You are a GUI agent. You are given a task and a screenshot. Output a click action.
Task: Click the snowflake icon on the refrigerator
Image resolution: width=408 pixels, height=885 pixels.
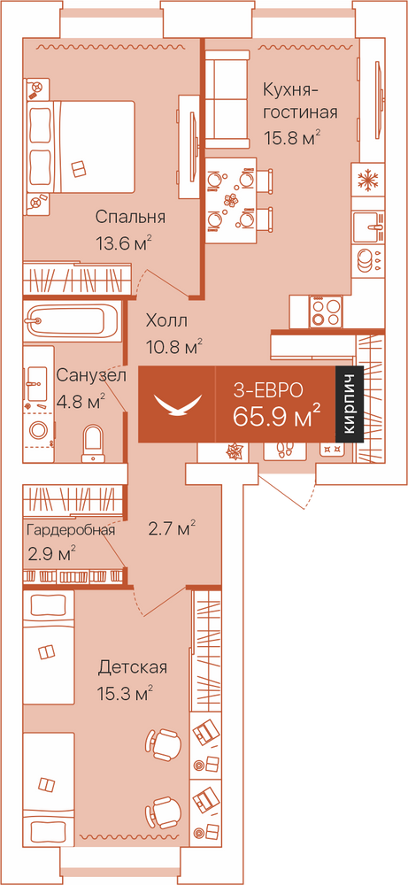(x=367, y=181)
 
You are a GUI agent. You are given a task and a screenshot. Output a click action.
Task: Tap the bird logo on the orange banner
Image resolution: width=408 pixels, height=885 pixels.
(x=178, y=404)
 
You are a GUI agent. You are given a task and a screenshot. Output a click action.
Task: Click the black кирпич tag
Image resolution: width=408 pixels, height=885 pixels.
(x=349, y=404)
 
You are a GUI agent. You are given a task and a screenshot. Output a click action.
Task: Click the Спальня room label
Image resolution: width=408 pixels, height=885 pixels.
(x=130, y=217)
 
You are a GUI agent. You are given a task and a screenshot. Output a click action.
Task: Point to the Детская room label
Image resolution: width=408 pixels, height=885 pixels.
(x=133, y=667)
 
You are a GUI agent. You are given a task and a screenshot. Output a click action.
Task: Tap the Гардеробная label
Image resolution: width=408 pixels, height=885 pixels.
(x=71, y=530)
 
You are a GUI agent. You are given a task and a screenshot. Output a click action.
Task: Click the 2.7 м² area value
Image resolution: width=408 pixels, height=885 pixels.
(x=172, y=529)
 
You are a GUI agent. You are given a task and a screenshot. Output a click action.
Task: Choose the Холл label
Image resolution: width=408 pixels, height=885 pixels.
(x=166, y=321)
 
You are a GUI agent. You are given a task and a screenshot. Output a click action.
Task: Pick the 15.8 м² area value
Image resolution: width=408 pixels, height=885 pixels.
(x=292, y=138)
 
